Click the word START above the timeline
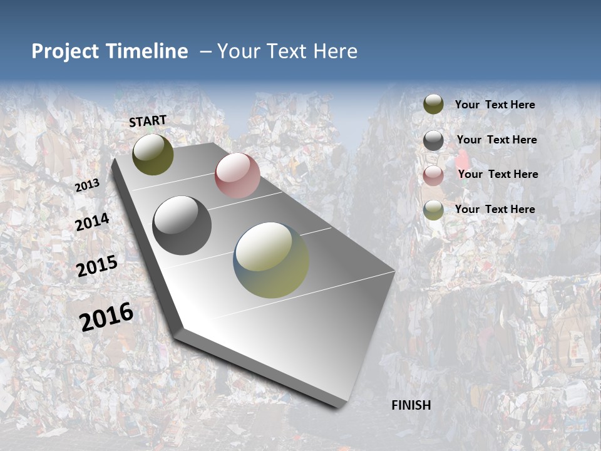[148, 121]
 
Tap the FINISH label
[411, 405]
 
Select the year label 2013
[87, 185]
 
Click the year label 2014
[92, 222]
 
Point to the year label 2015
[97, 266]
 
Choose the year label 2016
[106, 317]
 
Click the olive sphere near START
[153, 154]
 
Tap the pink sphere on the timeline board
[237, 175]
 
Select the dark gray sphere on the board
[182, 225]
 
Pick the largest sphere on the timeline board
[271, 260]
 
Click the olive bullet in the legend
[433, 105]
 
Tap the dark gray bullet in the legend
[433, 140]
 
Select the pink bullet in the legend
[433, 175]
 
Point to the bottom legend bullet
[433, 210]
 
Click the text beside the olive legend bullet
[495, 105]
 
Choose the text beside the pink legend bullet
[498, 174]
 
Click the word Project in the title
[65, 51]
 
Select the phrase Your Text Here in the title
[287, 51]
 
